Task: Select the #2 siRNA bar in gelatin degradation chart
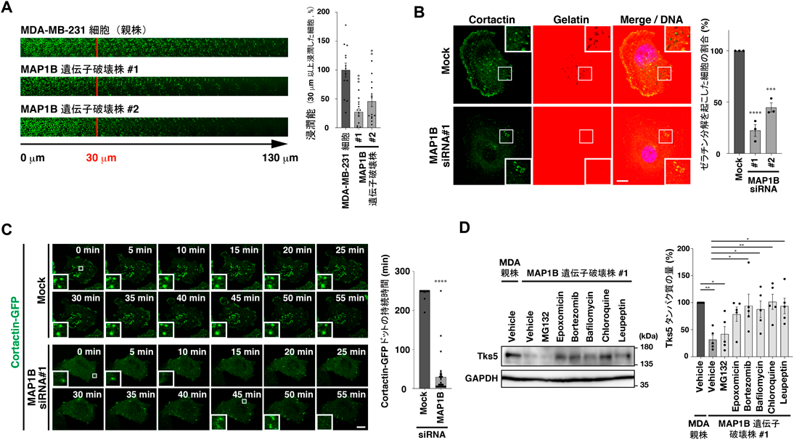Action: pyautogui.click(x=771, y=131)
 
